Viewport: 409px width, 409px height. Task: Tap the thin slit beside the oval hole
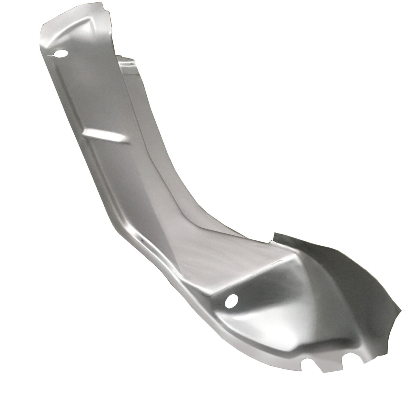51,56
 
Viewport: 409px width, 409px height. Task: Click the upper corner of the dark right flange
275,233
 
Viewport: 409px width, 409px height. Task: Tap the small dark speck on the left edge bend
142,240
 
